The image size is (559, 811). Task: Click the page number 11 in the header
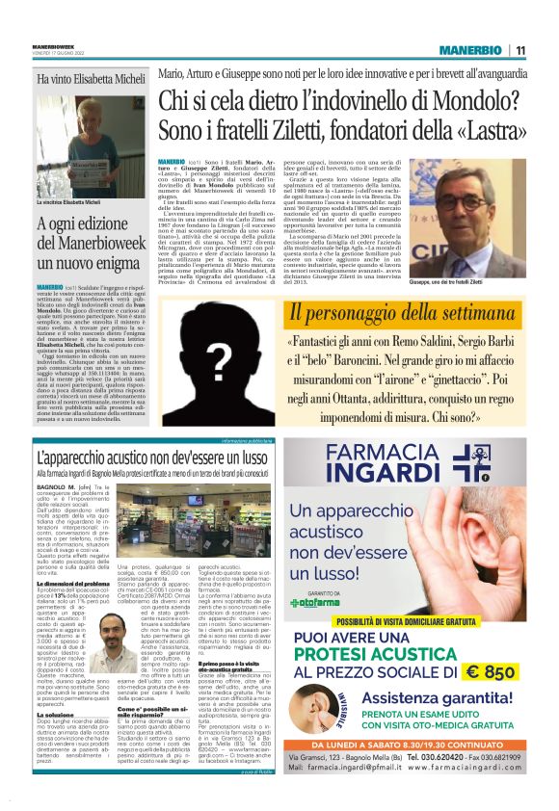519,50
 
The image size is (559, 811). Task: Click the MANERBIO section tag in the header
470,50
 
